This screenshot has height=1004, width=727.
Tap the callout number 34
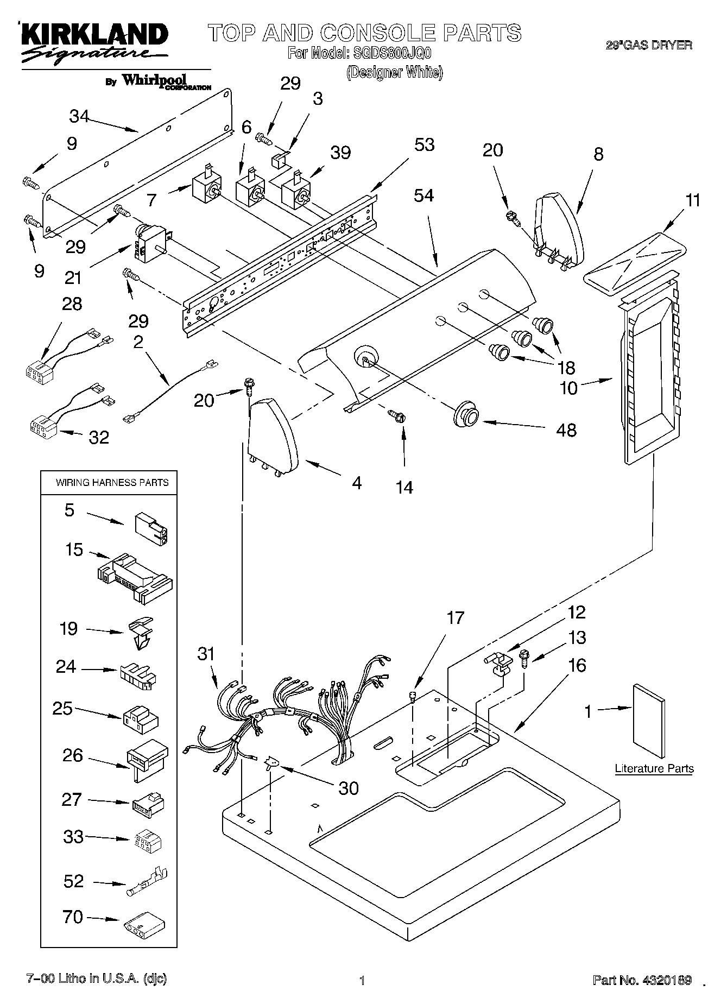(x=79, y=116)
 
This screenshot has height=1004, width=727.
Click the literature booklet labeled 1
(x=649, y=722)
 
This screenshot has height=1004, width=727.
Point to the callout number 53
(x=424, y=145)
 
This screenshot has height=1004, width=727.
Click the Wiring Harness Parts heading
(x=112, y=482)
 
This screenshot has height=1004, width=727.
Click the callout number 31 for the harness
(x=206, y=654)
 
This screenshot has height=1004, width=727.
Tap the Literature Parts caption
(x=654, y=768)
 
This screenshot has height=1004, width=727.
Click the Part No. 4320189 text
(x=642, y=980)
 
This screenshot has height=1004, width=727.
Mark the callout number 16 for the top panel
(x=577, y=665)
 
